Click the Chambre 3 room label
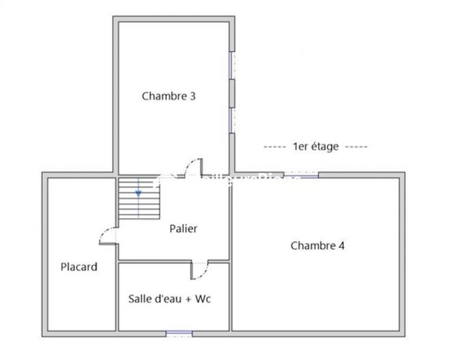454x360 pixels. (169, 96)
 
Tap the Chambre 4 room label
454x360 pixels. (317, 246)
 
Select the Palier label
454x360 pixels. (183, 229)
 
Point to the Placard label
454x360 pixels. (79, 267)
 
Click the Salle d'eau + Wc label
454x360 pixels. (169, 299)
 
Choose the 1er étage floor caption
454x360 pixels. (316, 146)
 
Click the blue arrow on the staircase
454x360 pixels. (138, 193)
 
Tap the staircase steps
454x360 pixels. (139, 199)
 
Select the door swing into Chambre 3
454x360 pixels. (193, 168)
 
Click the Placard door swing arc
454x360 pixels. (108, 236)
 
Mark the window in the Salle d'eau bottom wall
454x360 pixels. (179, 333)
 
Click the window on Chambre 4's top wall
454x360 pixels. (301, 175)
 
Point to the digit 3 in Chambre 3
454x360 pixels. (193, 96)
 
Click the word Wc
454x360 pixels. (203, 299)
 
